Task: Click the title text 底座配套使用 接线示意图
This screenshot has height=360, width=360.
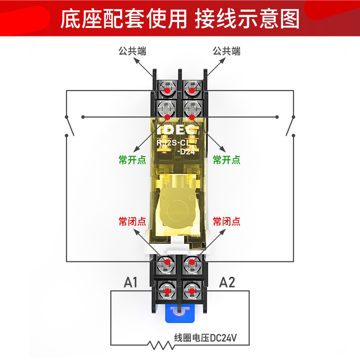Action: click(x=180, y=19)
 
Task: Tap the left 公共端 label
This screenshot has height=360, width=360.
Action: click(x=132, y=51)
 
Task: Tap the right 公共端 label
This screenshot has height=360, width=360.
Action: click(x=227, y=51)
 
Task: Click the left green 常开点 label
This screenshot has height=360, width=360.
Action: click(x=132, y=160)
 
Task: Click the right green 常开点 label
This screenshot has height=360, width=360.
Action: click(x=227, y=160)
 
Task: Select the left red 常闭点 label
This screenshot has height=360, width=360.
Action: click(x=132, y=221)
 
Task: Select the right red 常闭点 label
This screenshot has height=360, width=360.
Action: click(x=227, y=221)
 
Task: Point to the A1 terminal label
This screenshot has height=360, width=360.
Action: click(x=130, y=283)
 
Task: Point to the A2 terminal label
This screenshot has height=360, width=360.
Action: click(x=227, y=283)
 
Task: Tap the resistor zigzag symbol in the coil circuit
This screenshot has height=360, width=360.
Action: click(x=160, y=346)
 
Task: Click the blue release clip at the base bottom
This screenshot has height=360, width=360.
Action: click(x=180, y=313)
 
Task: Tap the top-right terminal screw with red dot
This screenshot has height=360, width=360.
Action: click(x=192, y=90)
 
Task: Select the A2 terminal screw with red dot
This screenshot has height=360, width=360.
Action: click(x=192, y=290)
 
